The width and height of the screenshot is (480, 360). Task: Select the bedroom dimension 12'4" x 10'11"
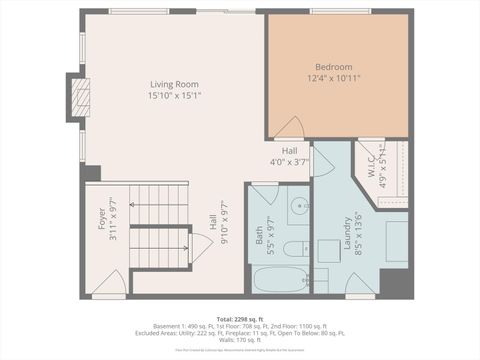pyautogui.click(x=334, y=78)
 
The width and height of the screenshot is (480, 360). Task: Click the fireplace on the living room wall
pyautogui.click(x=79, y=98)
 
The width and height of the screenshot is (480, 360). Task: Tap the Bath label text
pyautogui.click(x=259, y=236)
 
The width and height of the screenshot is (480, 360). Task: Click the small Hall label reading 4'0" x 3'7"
pyautogui.click(x=289, y=151)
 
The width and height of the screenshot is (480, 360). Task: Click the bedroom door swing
pyautogui.click(x=289, y=129)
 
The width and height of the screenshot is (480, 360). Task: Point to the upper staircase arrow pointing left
pyautogui.click(x=160, y=206)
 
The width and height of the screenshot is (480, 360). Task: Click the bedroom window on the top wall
pyautogui.click(x=340, y=11)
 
